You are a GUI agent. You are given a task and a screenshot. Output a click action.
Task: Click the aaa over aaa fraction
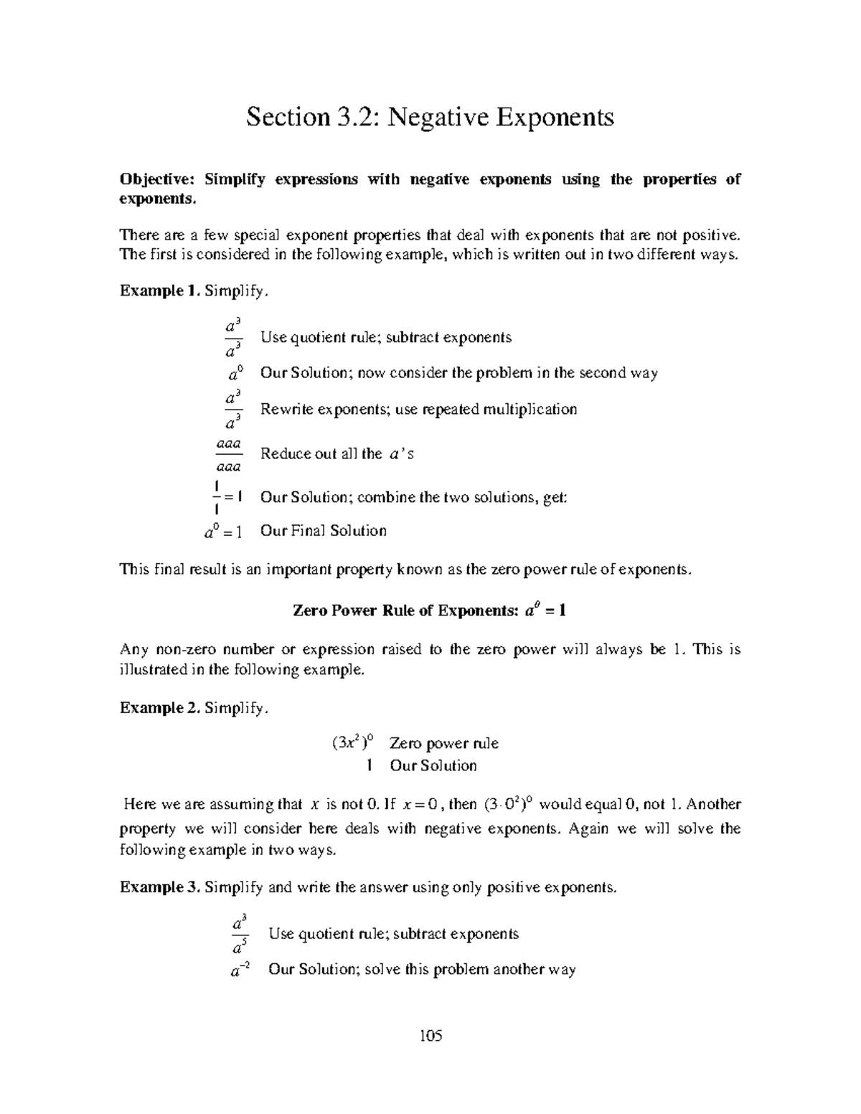[229, 455]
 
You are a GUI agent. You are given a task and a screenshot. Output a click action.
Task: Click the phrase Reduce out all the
[321, 454]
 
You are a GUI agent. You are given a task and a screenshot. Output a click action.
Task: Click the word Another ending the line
[713, 804]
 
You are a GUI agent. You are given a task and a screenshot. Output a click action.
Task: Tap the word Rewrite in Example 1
[286, 410]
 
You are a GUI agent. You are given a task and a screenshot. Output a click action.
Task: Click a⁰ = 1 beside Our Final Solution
[223, 532]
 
